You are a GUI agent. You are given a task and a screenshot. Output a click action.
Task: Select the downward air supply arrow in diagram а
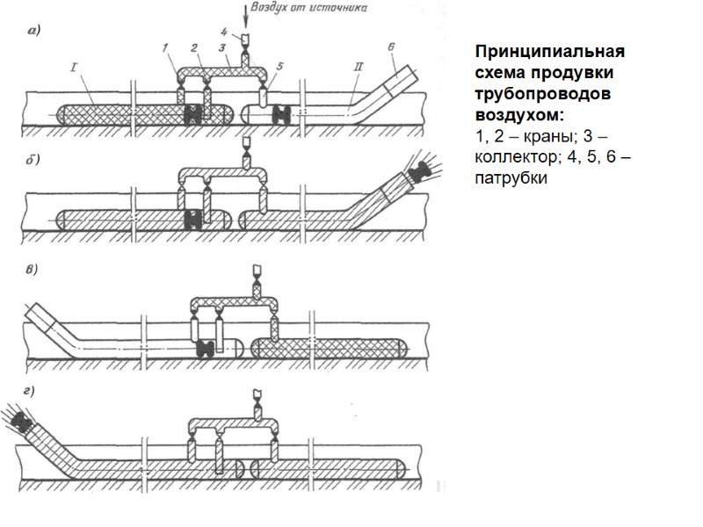click(245, 19)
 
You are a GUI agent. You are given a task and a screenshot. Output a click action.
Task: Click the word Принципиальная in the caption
click(528, 52)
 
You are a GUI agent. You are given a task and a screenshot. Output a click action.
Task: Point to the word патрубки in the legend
click(510, 178)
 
